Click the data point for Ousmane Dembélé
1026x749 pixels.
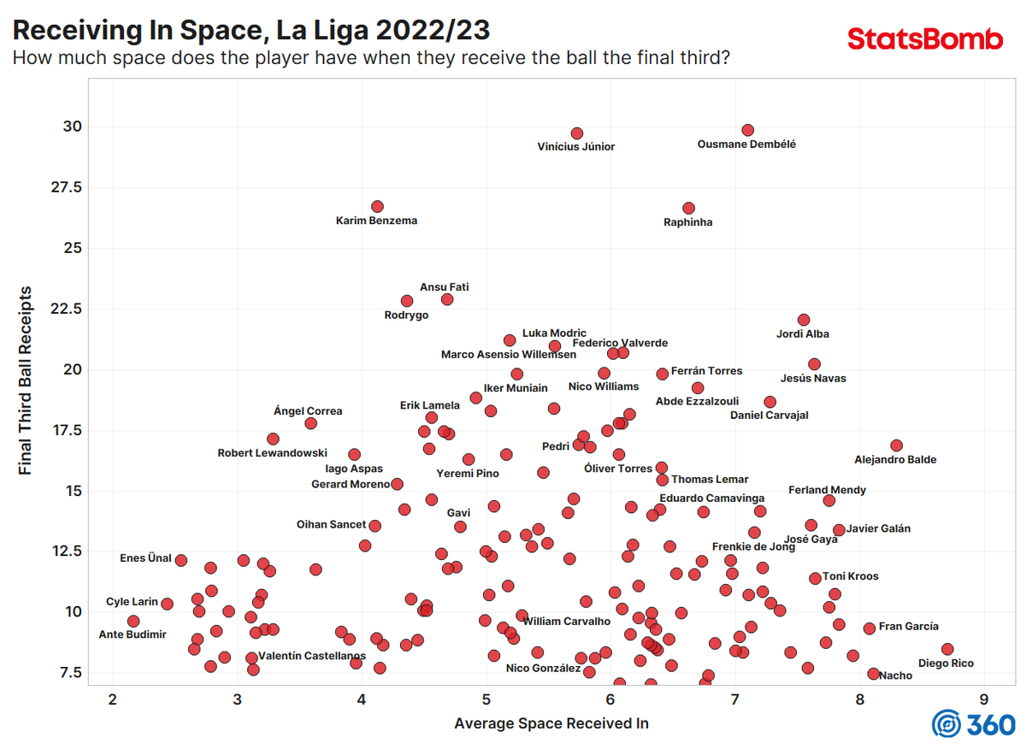[x=747, y=130]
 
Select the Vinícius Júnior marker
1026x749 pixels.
[x=576, y=133]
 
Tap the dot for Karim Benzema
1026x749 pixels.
[x=377, y=207]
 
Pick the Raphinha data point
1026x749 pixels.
[x=688, y=208]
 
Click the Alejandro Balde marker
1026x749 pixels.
[x=896, y=445]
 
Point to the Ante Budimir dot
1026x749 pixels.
[x=133, y=621]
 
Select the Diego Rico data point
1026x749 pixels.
[x=946, y=649]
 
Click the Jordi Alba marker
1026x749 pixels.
[x=803, y=320]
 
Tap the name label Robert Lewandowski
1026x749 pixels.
[x=272, y=453]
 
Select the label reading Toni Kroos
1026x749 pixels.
[x=850, y=576]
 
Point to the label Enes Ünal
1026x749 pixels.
[x=145, y=558]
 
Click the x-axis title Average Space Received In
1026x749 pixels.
[x=551, y=724]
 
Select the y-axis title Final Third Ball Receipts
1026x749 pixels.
[x=26, y=380]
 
